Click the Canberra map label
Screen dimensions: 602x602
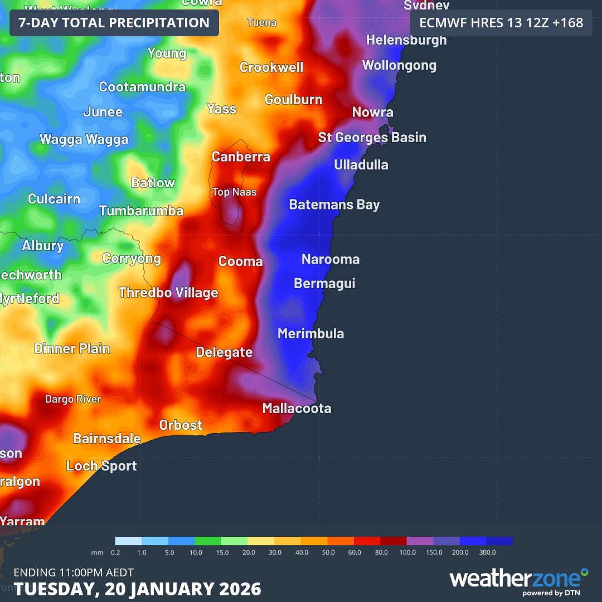pyautogui.click(x=241, y=157)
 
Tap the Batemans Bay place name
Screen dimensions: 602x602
pyautogui.click(x=334, y=205)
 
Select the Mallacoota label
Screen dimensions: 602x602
pyautogui.click(x=297, y=409)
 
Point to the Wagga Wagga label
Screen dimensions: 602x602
pyautogui.click(x=84, y=139)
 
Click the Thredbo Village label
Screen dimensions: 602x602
pyautogui.click(x=168, y=293)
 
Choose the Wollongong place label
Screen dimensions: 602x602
pyautogui.click(x=399, y=66)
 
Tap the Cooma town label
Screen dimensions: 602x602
pyautogui.click(x=240, y=261)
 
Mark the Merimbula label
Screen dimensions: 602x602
pyautogui.click(x=310, y=334)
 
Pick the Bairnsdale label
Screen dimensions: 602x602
pyautogui.click(x=107, y=439)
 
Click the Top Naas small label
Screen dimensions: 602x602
pyautogui.click(x=234, y=192)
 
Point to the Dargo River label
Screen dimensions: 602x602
pyautogui.click(x=73, y=399)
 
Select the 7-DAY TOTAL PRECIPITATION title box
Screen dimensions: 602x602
pyautogui.click(x=114, y=23)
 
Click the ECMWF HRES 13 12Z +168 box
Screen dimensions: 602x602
pyautogui.click(x=501, y=23)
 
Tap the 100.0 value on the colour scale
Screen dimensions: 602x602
pyautogui.click(x=407, y=552)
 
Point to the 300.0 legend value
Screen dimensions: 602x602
pyautogui.click(x=487, y=552)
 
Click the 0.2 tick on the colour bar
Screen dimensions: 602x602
pyautogui.click(x=115, y=552)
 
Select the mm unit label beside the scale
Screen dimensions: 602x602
pyautogui.click(x=97, y=552)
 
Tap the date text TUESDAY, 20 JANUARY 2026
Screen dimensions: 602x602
pyautogui.click(x=137, y=589)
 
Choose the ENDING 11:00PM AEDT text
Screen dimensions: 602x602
pyautogui.click(x=74, y=572)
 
